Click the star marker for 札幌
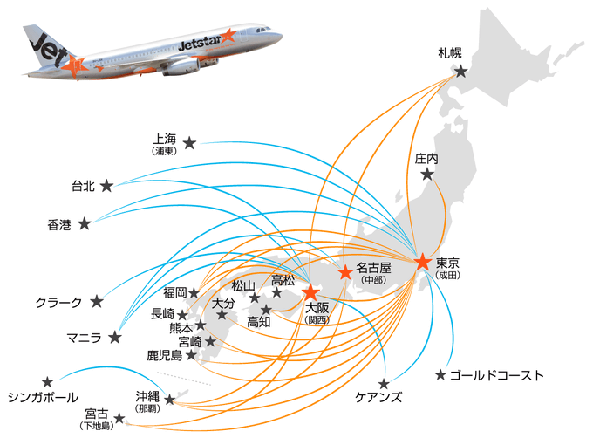pos(460,71)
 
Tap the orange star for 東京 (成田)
pos(422,262)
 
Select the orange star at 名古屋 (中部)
pos(345,272)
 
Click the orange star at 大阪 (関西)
pos(310,291)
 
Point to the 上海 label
pos(164,140)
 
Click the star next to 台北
pos(106,186)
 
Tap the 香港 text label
pos(59,225)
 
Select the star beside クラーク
pos(97,302)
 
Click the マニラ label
pos(84,338)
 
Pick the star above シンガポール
pos(47,382)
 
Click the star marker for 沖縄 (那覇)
pos(170,399)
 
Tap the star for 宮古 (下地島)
pos(119,418)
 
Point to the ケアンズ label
pos(378,397)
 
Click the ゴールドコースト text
pos(497,375)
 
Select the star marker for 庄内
pos(427,175)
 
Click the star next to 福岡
pos(194,293)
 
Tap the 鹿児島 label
pos(165,355)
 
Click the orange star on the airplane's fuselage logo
pos(228,36)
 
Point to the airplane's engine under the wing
pos(182,67)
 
